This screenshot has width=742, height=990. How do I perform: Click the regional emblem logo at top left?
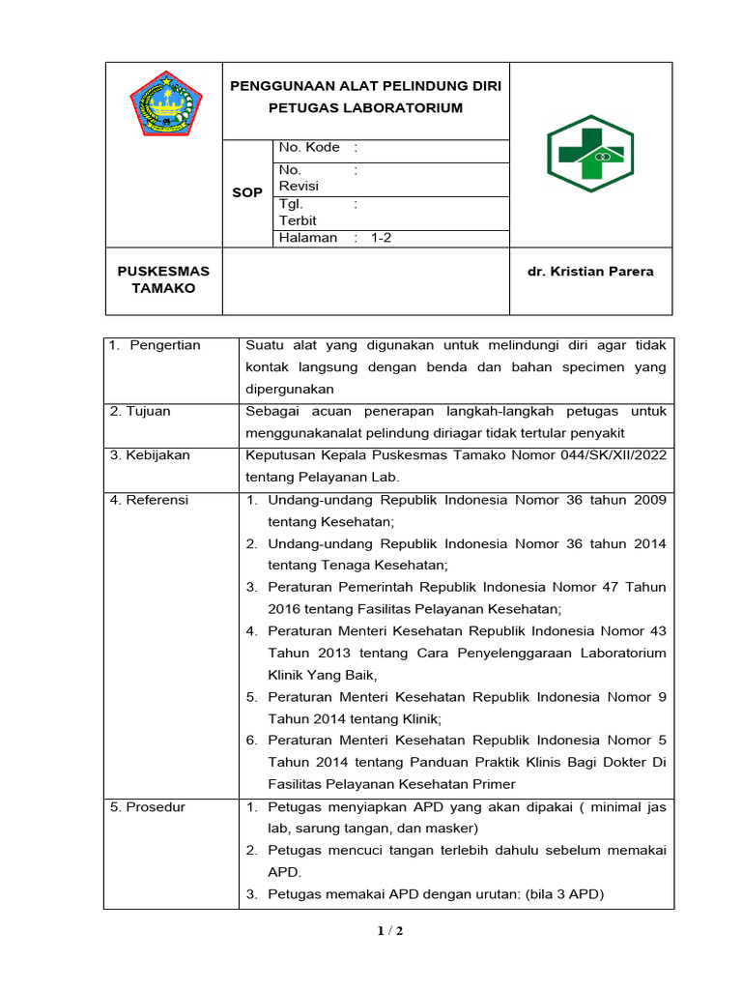coord(165,103)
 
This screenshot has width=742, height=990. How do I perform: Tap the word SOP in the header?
coord(247,192)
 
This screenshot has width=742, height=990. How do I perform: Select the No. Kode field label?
coord(309,148)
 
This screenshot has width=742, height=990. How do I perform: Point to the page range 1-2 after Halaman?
coord(381,238)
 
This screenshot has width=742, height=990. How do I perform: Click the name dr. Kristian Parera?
coord(589,272)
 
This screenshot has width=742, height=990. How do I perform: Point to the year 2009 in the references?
coord(650,500)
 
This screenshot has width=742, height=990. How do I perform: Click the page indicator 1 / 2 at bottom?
coord(390,932)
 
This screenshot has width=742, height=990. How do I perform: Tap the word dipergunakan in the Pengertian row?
coord(290,389)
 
